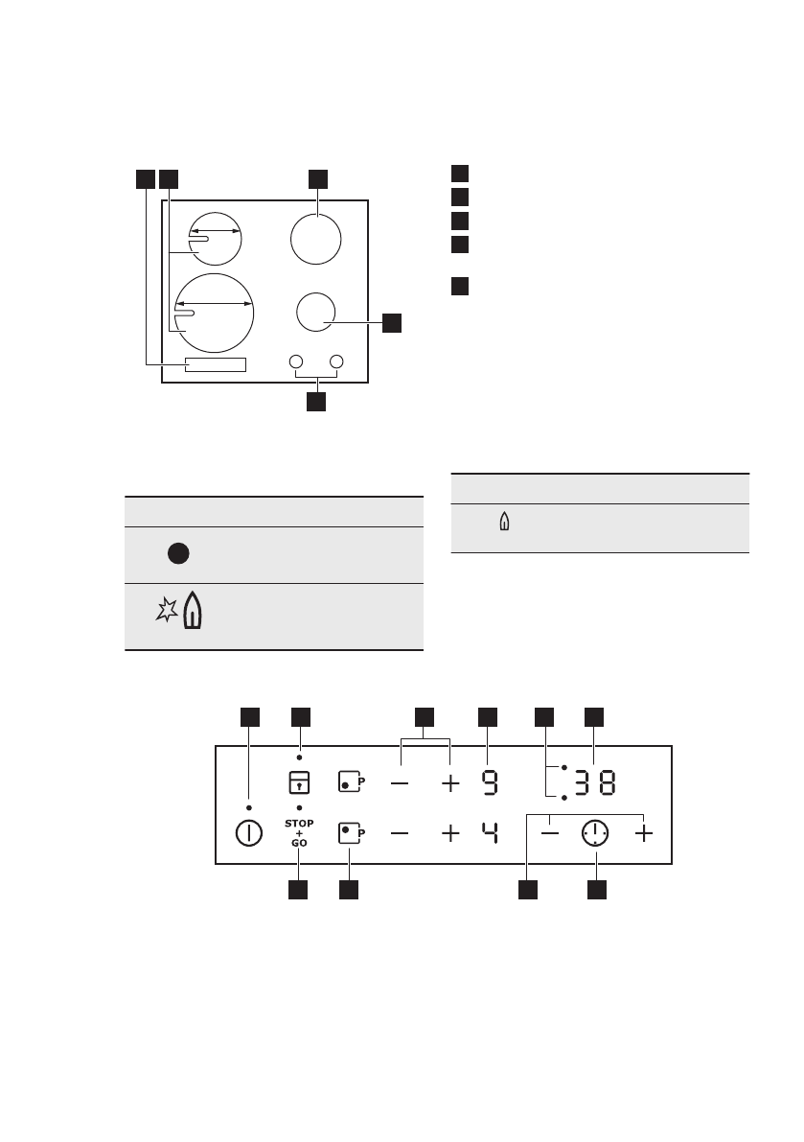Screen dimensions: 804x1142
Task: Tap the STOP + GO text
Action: pos(299,830)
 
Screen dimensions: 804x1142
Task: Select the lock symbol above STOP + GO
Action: pos(299,782)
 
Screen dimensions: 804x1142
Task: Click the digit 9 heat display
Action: pos(489,783)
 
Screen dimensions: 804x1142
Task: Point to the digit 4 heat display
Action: pos(489,833)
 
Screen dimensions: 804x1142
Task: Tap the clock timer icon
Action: pos(595,834)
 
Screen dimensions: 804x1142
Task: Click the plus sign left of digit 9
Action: pos(450,783)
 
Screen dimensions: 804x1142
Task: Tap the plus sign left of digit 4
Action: pos(450,834)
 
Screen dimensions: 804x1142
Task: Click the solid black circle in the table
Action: pos(178,553)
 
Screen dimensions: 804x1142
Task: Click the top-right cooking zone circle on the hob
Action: pos(316,238)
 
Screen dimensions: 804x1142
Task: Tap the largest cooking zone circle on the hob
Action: pos(216,312)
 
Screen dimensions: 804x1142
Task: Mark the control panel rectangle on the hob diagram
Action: pos(216,364)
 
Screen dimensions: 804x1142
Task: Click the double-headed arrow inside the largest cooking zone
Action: pos(216,303)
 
